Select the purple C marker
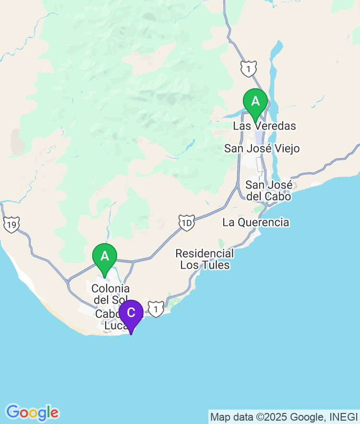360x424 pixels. (131, 313)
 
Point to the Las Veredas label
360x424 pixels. (264, 126)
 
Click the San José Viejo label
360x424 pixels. (262, 149)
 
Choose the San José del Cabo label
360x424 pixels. (268, 190)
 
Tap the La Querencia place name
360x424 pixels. (256, 222)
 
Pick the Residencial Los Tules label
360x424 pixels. (204, 259)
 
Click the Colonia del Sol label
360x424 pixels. (110, 294)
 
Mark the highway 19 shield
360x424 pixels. (12, 224)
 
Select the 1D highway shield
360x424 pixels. (186, 223)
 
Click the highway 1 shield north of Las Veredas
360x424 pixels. (248, 69)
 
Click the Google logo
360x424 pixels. (32, 412)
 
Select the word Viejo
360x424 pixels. (287, 149)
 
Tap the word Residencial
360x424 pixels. (204, 253)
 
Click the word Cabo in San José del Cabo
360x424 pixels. (280, 196)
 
